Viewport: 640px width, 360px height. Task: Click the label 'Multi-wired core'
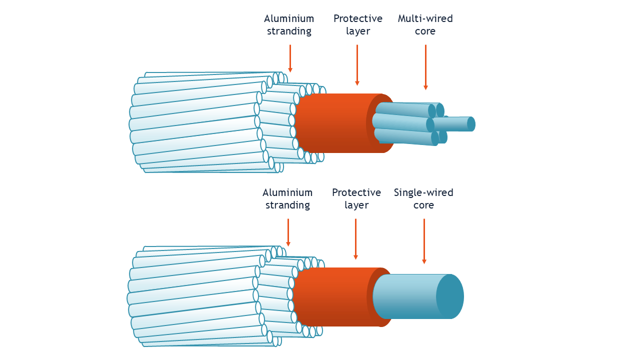425,24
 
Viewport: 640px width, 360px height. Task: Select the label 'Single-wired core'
423,198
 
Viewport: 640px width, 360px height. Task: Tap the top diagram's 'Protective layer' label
357,24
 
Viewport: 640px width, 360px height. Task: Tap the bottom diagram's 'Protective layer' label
356,198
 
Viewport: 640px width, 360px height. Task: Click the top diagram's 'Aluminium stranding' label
289,24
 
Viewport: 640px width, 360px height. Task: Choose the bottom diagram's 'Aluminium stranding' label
287,198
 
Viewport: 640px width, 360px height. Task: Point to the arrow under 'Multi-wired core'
425,67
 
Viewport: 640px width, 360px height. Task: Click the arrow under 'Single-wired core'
424,241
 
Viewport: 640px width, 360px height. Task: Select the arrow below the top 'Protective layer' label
357,65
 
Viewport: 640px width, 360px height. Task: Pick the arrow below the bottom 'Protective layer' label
355,239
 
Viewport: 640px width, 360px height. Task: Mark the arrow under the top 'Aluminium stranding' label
290,58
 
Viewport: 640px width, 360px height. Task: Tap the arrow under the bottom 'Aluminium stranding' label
288,232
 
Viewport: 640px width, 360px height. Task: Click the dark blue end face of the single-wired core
449,296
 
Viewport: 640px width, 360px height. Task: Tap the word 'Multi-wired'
425,18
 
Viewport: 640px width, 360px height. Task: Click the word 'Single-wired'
423,193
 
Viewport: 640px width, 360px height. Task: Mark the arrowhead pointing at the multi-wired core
425,87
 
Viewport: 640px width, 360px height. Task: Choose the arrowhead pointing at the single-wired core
424,261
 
